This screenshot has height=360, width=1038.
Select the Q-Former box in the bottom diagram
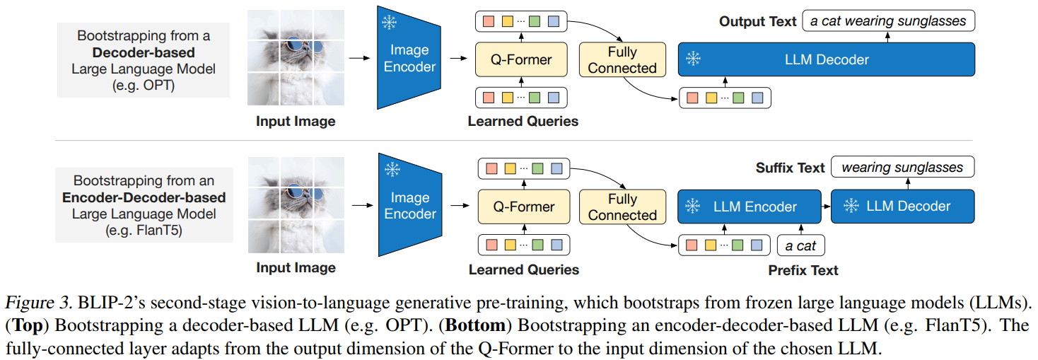click(x=523, y=207)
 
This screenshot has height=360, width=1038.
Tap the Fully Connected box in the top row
click(x=622, y=59)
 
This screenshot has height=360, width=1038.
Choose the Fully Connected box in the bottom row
click(x=622, y=207)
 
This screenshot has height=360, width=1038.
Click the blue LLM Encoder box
click(x=750, y=207)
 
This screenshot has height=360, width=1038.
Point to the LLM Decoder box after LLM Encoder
click(x=902, y=207)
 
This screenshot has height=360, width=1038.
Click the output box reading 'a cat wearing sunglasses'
click(x=889, y=21)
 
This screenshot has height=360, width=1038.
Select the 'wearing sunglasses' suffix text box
click(x=902, y=168)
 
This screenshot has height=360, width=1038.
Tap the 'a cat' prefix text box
click(x=800, y=245)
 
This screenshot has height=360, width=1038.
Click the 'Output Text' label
click(x=758, y=21)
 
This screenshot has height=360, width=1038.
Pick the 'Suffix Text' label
click(x=790, y=168)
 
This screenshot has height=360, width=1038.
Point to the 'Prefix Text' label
click(x=803, y=270)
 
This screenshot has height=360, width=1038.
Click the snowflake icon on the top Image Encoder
click(x=389, y=23)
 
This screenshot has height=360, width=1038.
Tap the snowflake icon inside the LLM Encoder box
click(x=693, y=207)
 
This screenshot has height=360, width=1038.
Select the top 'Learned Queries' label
click(x=523, y=121)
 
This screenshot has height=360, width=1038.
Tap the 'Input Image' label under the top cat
click(x=296, y=121)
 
